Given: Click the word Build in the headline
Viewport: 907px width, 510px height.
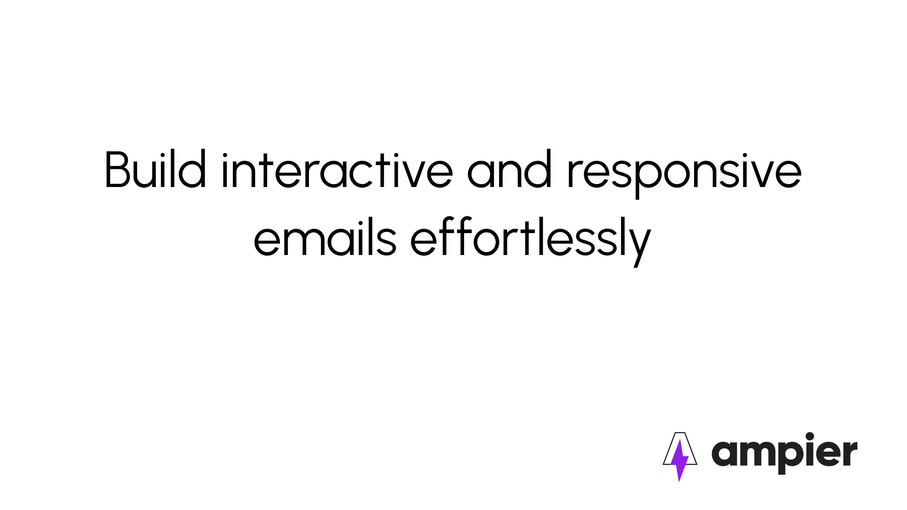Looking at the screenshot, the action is click(156, 168).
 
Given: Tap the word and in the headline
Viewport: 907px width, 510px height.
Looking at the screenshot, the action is click(509, 168).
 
